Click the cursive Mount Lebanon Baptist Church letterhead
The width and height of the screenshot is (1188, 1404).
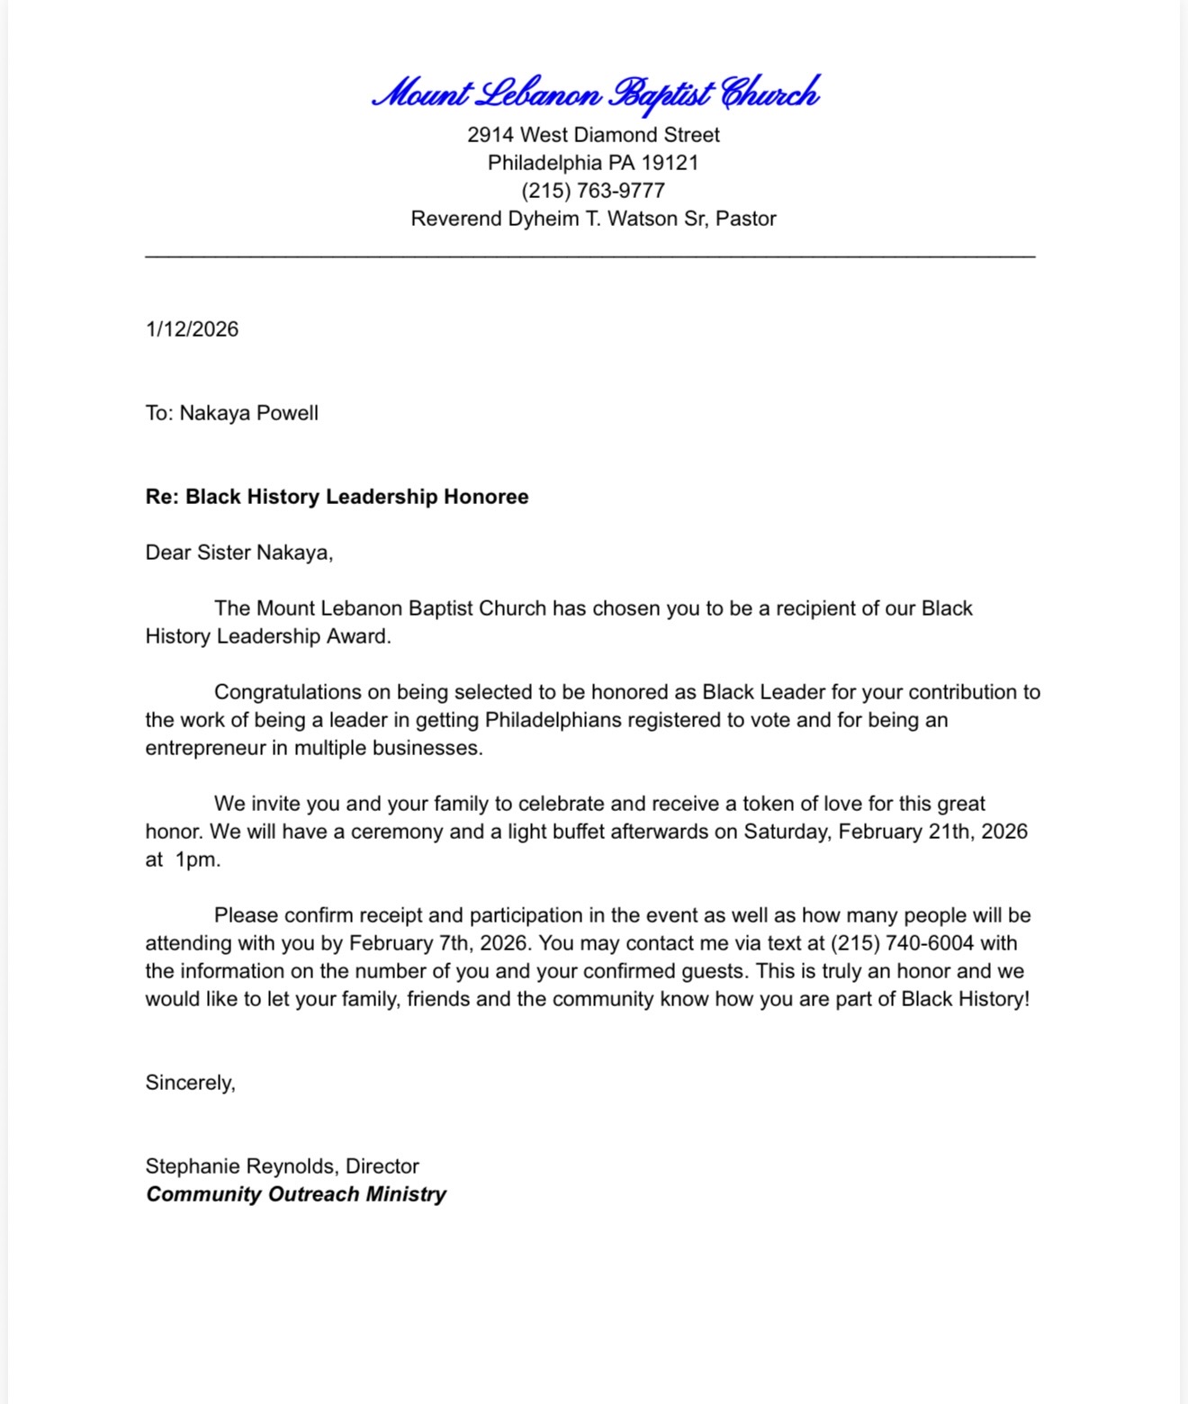pyautogui.click(x=595, y=94)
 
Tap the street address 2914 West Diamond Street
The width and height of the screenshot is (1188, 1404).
pyautogui.click(x=593, y=135)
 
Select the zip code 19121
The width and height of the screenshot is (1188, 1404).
pyautogui.click(x=670, y=163)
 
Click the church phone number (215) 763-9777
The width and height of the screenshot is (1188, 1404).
pyautogui.click(x=593, y=191)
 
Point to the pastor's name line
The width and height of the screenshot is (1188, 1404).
pyautogui.click(x=593, y=219)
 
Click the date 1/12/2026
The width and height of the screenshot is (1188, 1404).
pyautogui.click(x=192, y=329)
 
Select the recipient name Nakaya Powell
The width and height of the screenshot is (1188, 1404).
pyautogui.click(x=248, y=413)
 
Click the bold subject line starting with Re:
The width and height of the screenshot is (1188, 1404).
pyautogui.click(x=337, y=497)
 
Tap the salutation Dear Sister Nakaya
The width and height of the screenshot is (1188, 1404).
pyautogui.click(x=238, y=553)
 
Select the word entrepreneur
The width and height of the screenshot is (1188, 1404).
pyautogui.click(x=205, y=748)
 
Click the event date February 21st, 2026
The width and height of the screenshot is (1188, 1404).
pyautogui.click(x=932, y=832)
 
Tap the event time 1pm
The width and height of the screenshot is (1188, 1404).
pyautogui.click(x=197, y=859)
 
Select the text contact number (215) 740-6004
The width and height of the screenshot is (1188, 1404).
pyautogui.click(x=902, y=943)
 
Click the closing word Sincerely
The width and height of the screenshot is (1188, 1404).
pyautogui.click(x=190, y=1083)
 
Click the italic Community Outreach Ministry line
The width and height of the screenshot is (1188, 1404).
pyautogui.click(x=295, y=1194)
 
